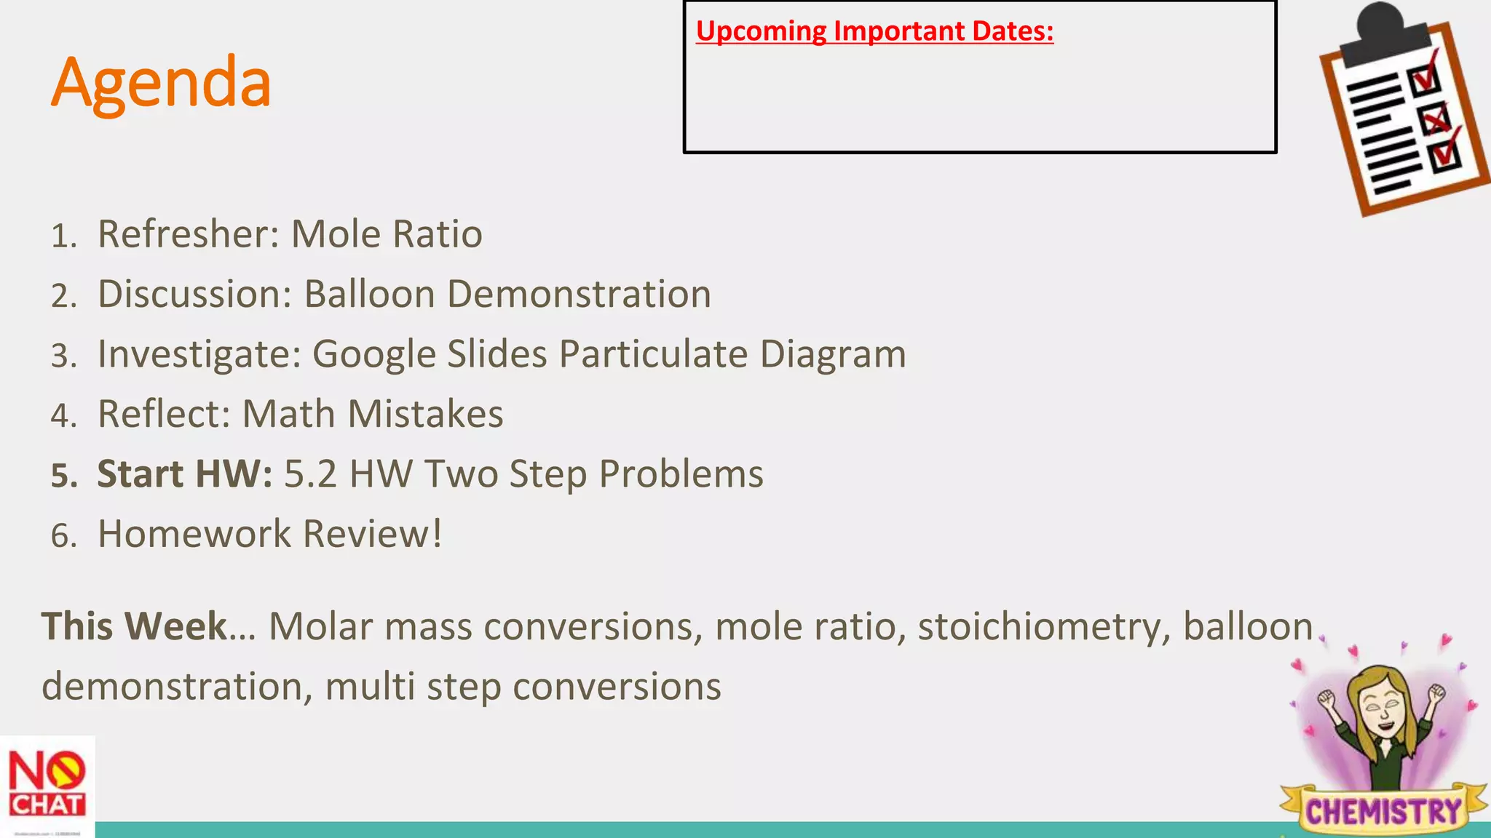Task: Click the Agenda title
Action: (161, 83)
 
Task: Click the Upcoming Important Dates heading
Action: (874, 31)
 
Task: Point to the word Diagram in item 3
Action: (832, 354)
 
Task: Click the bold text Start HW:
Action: (185, 474)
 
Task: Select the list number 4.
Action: (63, 415)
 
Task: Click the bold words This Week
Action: (135, 626)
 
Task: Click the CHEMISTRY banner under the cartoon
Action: (1383, 810)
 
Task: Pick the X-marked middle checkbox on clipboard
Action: (1435, 119)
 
